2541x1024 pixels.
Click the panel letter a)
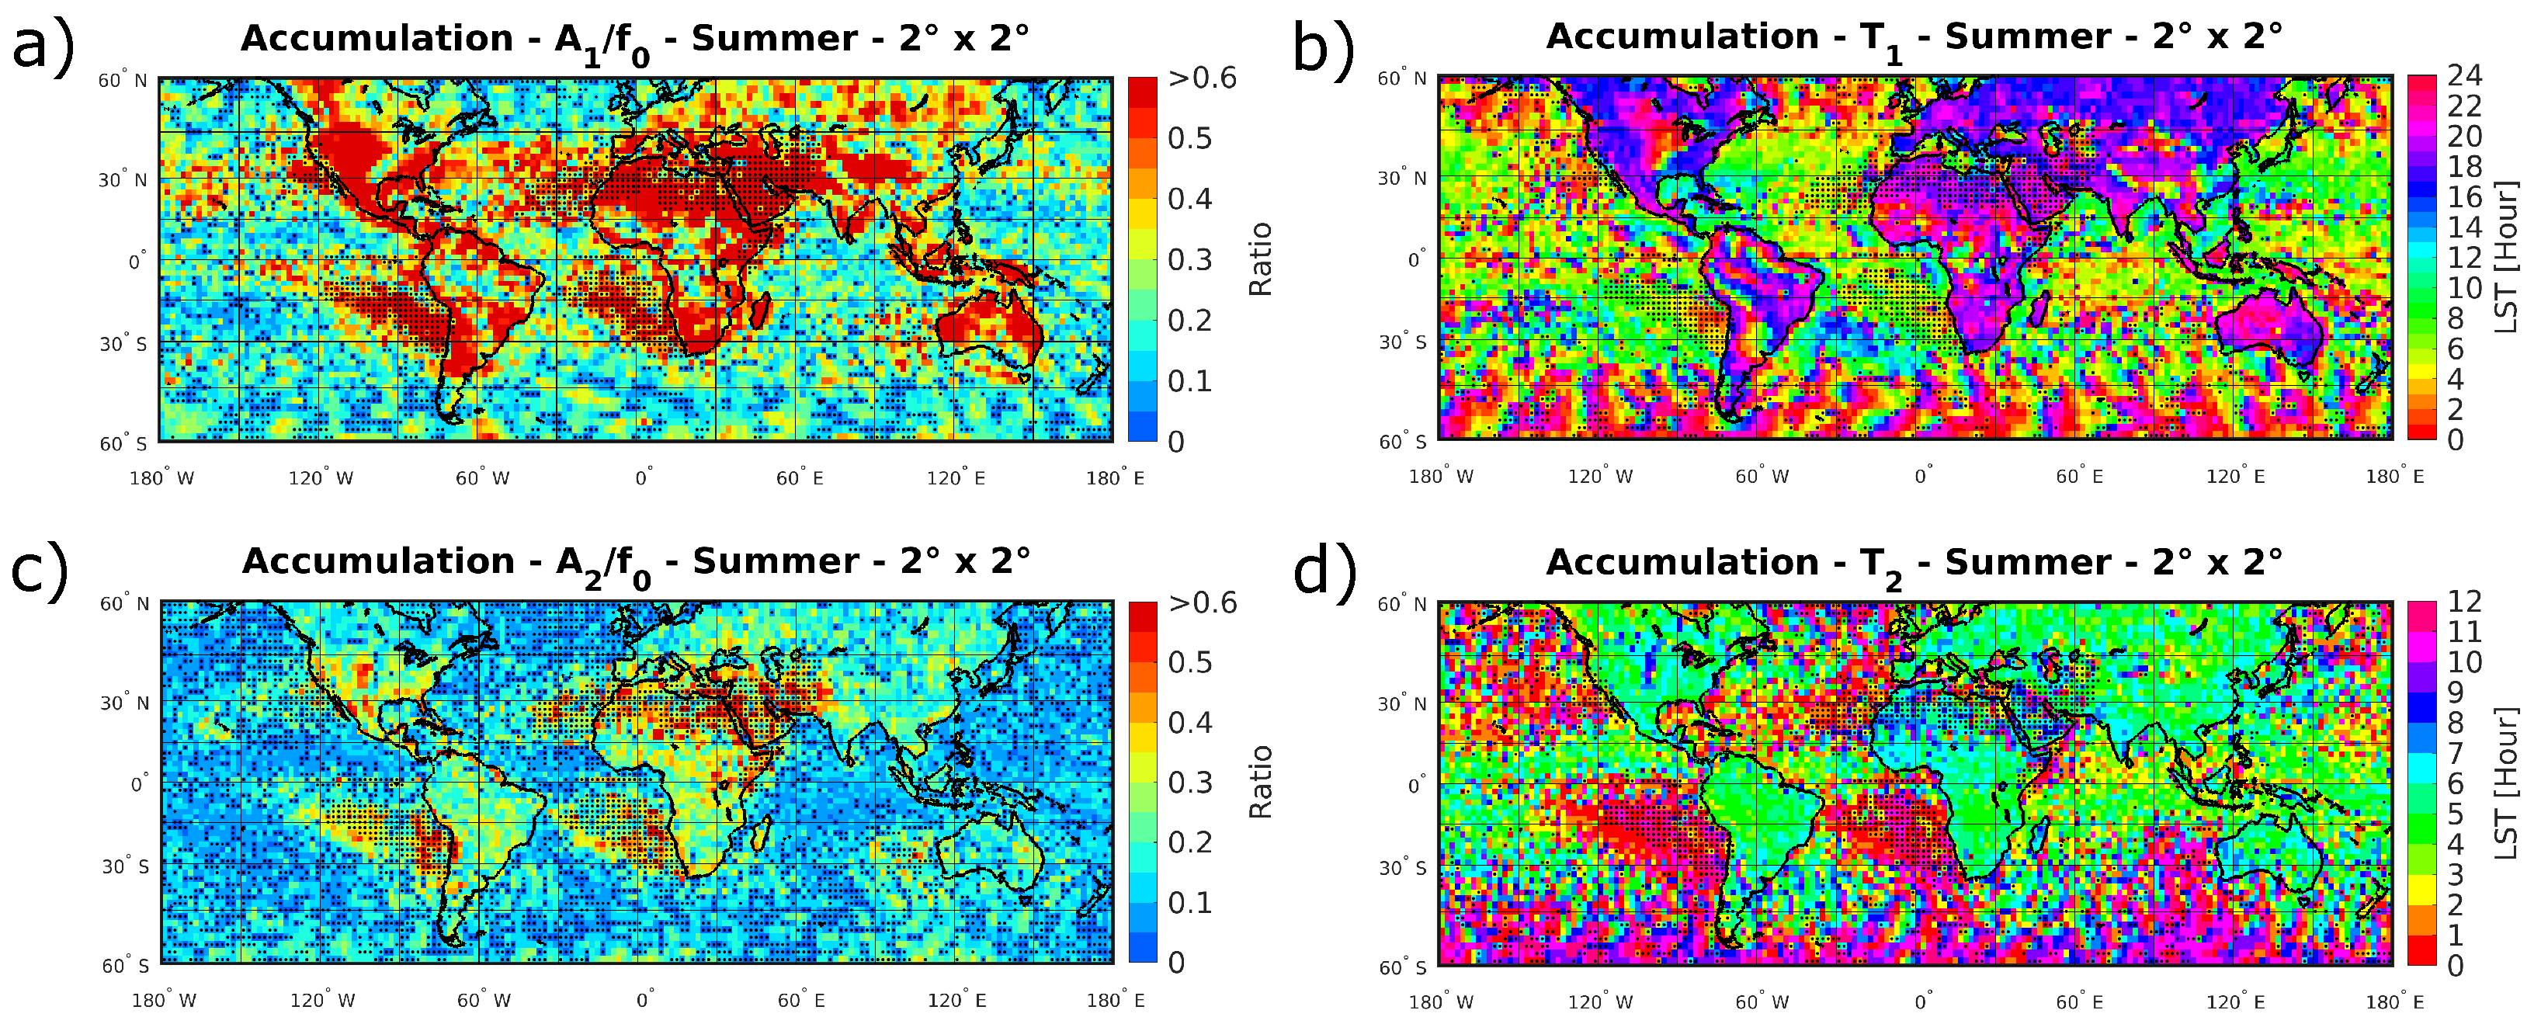41,45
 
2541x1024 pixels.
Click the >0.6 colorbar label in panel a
1202,78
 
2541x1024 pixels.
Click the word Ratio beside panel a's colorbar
1261,259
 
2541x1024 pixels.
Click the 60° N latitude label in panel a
123,81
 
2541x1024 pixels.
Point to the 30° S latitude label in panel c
125,866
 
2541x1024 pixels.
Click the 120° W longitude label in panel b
1600,477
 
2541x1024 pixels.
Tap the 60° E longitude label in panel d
2079,1002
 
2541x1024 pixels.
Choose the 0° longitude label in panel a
643,478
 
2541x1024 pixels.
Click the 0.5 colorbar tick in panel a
1189,138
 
